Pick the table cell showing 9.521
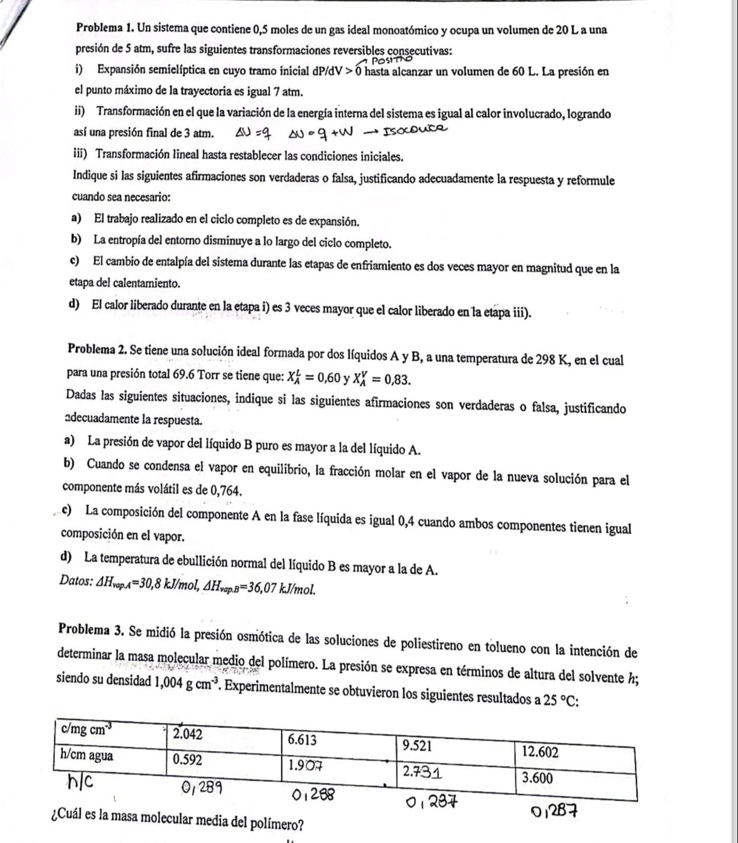[x=418, y=745]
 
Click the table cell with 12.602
[x=540, y=752]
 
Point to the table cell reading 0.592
[x=188, y=759]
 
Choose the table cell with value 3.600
[x=537, y=778]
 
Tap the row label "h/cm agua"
[x=86, y=755]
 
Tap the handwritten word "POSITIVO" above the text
[x=393, y=61]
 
